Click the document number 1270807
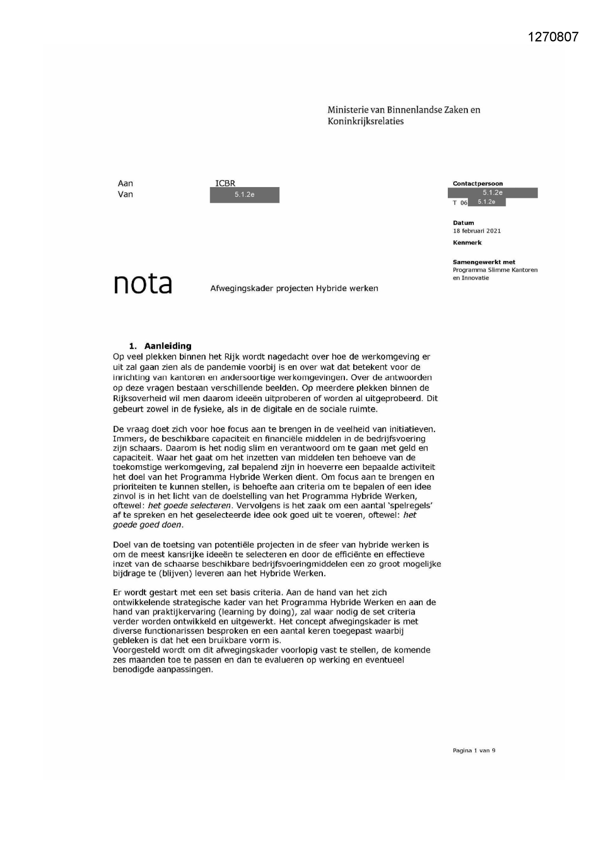tap(553, 37)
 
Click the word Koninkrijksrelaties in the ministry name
tap(365, 121)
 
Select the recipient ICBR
tap(225, 183)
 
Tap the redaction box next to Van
tap(244, 195)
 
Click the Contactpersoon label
tap(477, 184)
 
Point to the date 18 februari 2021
tap(477, 231)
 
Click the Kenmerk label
tap(467, 242)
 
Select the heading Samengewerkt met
tap(484, 262)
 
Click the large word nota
tap(143, 284)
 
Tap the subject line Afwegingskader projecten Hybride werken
tap(294, 288)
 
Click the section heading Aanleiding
tap(168, 346)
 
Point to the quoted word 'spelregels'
tap(411, 505)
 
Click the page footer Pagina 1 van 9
tap(474, 750)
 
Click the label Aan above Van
tap(125, 183)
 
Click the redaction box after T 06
tap(486, 202)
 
